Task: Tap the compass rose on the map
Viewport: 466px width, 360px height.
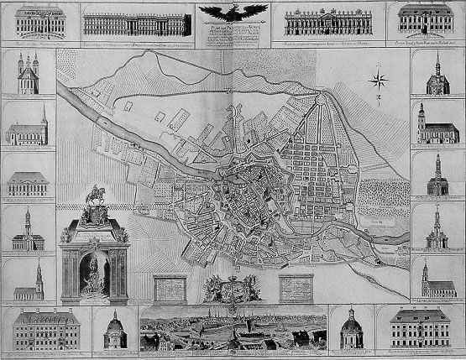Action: click(x=377, y=82)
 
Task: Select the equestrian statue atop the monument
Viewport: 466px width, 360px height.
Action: click(x=94, y=200)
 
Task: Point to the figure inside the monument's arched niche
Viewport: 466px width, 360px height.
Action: click(x=94, y=270)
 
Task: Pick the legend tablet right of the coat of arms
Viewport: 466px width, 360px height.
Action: click(x=294, y=286)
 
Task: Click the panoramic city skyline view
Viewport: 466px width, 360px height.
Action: click(x=233, y=331)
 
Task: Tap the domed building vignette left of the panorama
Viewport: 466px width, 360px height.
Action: click(x=114, y=331)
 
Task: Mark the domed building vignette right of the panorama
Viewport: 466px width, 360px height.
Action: click(x=352, y=330)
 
